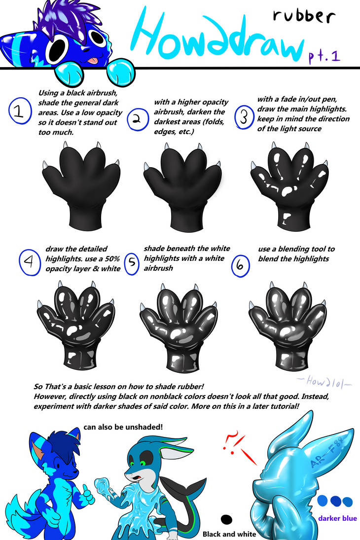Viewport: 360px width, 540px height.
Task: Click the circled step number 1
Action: coord(19,111)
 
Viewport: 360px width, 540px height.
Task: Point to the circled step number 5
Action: coord(132,264)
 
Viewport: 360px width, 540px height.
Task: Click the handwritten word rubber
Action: coord(304,16)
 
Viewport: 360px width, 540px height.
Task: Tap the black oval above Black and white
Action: coord(227,519)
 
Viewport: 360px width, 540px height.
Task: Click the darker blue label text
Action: coord(337,518)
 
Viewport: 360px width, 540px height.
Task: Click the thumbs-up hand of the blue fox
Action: coord(88,495)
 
